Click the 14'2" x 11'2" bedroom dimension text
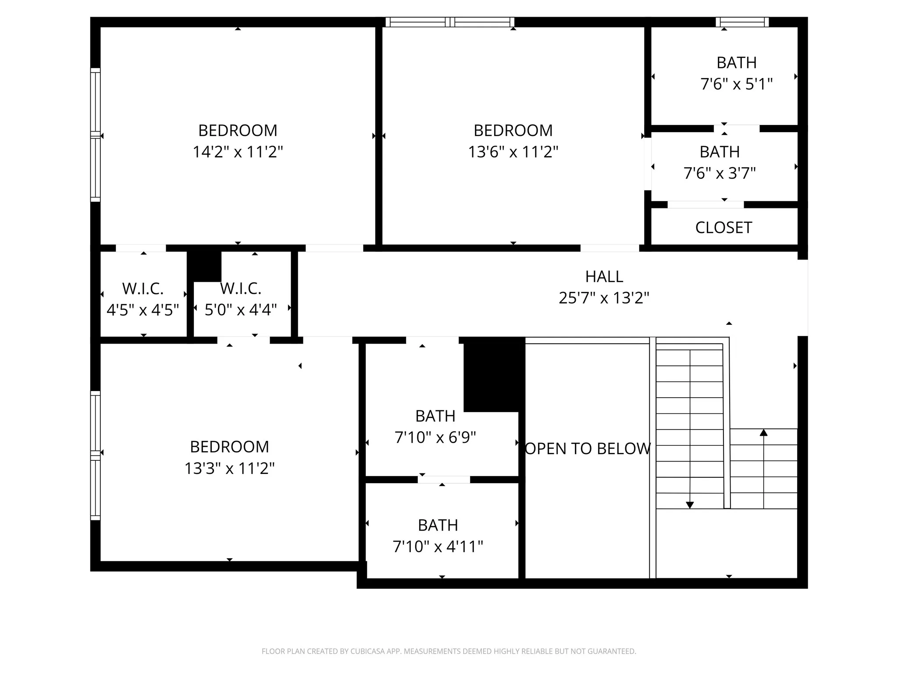[x=238, y=152]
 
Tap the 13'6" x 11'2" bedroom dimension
[x=513, y=152]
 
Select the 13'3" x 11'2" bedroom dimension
[x=229, y=468]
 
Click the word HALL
[x=604, y=276]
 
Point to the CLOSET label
[x=723, y=228]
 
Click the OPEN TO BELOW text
[x=588, y=448]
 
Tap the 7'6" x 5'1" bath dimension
[x=737, y=84]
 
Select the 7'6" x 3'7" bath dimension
[x=720, y=173]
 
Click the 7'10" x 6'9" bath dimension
[x=435, y=437]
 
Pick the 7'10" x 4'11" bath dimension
[x=438, y=547]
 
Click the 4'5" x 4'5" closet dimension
[x=143, y=310]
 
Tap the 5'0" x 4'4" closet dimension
[x=241, y=310]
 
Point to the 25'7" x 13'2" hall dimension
[x=604, y=298]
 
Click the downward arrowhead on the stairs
[x=690, y=505]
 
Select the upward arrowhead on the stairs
[x=763, y=433]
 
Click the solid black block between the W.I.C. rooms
[x=204, y=266]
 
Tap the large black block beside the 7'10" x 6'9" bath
[x=494, y=374]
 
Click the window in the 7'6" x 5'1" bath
[x=742, y=22]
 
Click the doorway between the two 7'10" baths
[x=444, y=480]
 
